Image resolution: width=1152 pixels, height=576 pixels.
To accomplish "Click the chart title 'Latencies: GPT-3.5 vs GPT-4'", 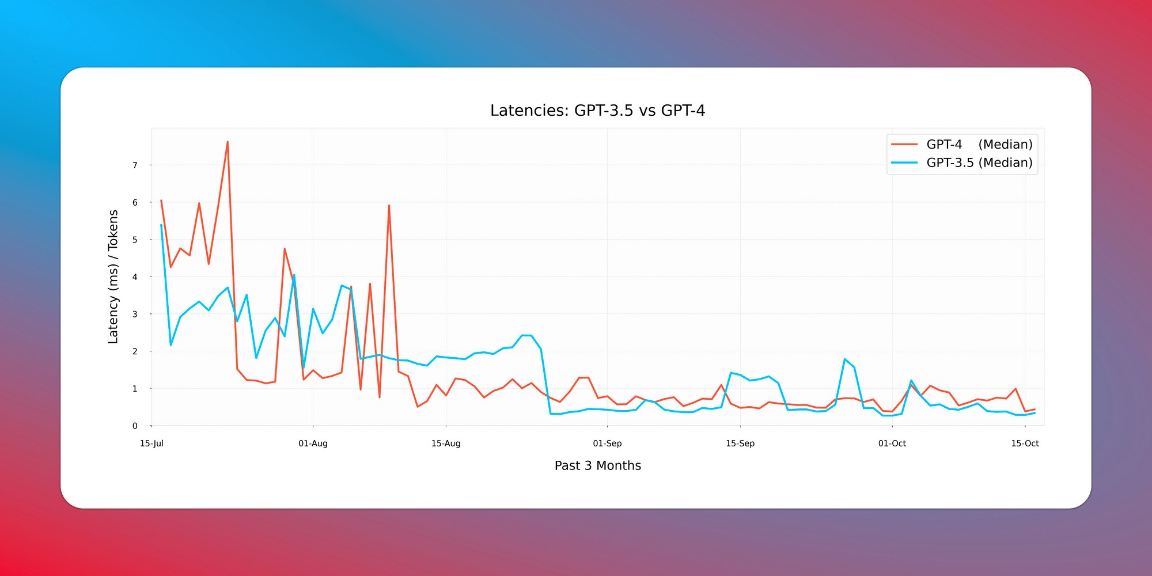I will [597, 111].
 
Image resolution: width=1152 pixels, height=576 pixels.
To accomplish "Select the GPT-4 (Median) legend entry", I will [979, 145].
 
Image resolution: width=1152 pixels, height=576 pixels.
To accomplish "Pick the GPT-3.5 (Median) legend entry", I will [979, 163].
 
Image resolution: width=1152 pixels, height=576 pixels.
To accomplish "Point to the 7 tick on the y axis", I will [135, 165].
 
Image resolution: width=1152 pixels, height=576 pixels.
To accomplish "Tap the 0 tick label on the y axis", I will [135, 426].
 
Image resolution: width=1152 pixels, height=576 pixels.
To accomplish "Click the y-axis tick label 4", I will [135, 277].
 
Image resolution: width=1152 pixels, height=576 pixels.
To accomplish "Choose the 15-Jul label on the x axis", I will [151, 444].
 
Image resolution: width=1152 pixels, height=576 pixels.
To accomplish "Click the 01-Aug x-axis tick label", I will [313, 444].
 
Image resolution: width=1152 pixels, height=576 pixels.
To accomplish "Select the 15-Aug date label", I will [446, 444].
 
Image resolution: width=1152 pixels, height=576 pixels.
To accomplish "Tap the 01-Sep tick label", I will [607, 444].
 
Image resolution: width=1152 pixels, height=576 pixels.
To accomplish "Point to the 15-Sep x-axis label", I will [740, 444].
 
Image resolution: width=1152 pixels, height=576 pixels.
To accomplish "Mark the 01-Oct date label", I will [892, 444].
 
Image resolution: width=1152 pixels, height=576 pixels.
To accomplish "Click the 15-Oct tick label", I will [1025, 444].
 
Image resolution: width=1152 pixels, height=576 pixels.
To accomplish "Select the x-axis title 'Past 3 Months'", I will [597, 465].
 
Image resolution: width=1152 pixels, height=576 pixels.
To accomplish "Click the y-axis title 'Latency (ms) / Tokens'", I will [113, 277].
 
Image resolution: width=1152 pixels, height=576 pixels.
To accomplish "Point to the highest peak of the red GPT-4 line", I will [228, 142].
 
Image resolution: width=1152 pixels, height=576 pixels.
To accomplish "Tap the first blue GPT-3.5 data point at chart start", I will [161, 225].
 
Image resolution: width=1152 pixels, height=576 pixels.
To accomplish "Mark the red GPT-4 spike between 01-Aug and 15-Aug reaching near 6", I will [389, 206].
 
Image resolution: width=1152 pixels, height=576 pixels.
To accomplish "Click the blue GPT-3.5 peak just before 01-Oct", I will [844, 359].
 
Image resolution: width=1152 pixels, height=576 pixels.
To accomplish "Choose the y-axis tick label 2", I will [135, 351].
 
